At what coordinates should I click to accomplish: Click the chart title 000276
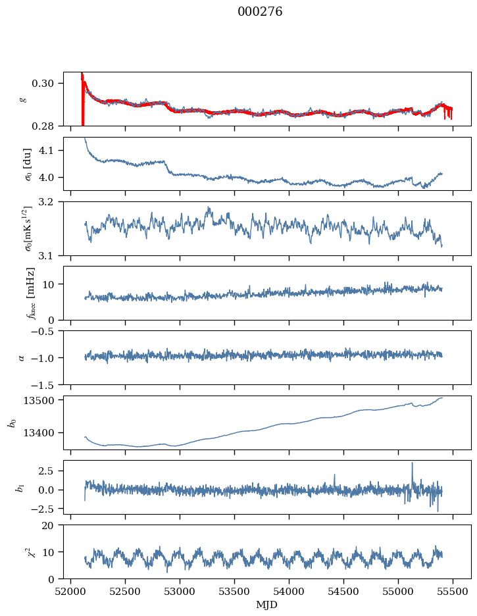coord(260,12)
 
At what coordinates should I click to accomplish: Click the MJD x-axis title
coord(267,605)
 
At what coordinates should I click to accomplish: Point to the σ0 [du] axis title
coord(28,165)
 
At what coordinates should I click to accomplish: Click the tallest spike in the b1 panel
coord(413,463)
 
